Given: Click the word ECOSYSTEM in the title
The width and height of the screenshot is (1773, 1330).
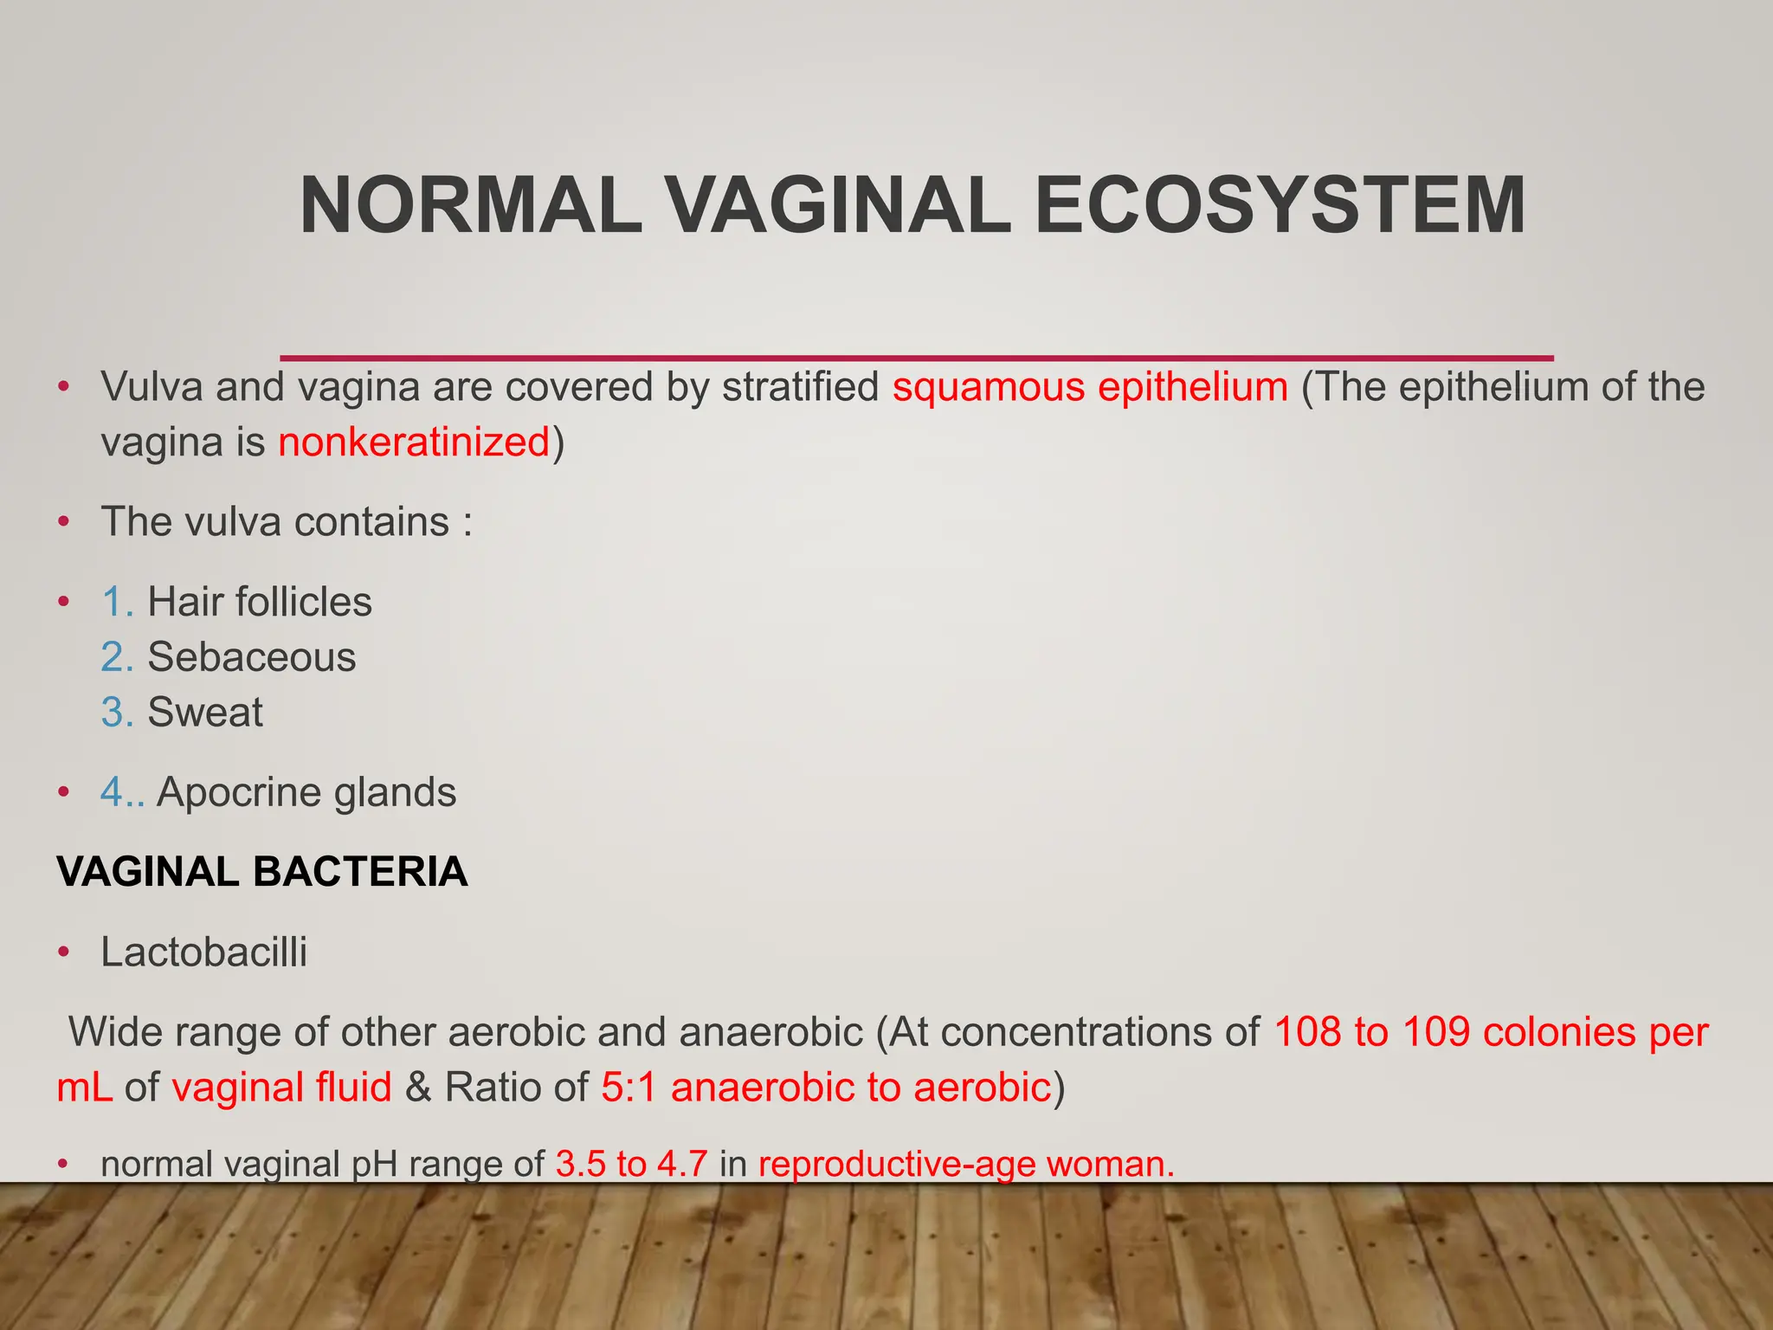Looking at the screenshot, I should (x=1280, y=206).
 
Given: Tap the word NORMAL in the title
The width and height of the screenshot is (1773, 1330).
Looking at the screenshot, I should (x=472, y=206).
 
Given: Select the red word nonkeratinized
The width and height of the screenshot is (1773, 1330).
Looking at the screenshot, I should (x=414, y=442).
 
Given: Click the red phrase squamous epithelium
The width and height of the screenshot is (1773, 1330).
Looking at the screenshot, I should (x=1090, y=387).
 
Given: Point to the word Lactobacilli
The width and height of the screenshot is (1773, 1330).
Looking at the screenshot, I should (x=204, y=952).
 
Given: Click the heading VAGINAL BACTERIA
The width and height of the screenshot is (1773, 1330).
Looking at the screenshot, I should (x=262, y=872).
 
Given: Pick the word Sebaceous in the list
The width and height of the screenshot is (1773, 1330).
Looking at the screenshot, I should (x=251, y=657).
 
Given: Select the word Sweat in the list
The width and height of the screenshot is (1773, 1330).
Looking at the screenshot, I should (x=205, y=713).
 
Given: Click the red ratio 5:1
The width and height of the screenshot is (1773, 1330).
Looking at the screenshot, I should (x=629, y=1088).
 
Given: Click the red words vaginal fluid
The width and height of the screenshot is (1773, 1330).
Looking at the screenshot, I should (x=281, y=1088).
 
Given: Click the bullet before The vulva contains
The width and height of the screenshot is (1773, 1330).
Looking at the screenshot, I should (x=63, y=522).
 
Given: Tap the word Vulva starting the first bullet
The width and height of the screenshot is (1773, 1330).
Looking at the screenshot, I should (x=152, y=387).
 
